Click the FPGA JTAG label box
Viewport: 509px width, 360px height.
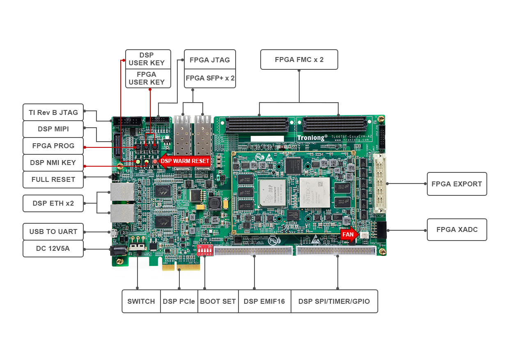coord(209,60)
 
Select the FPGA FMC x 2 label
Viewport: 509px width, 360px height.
coord(299,60)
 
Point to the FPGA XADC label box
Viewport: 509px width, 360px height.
coord(456,229)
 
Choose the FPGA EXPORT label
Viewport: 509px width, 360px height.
coord(456,184)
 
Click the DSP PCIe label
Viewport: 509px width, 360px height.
coord(179,301)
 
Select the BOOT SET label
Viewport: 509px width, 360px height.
coord(218,301)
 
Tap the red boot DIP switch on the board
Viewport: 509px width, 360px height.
coord(204,250)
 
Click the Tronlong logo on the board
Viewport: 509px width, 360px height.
coord(312,138)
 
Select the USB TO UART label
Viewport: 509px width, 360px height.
coord(53,232)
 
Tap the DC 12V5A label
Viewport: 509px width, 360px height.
coord(53,249)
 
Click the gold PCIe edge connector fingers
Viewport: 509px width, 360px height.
coord(181,266)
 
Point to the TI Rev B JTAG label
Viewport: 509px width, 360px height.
coord(53,112)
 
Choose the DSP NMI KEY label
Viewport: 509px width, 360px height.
coord(53,163)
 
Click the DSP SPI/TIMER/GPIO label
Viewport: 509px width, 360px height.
coord(334,301)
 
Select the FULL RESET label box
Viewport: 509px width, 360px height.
coord(53,179)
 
